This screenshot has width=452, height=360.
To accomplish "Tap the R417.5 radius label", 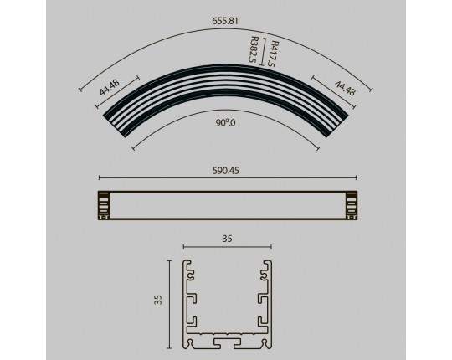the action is point(275,54).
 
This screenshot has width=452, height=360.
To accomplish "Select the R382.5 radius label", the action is point(254,49).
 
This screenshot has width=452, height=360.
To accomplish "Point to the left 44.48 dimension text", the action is point(110,87).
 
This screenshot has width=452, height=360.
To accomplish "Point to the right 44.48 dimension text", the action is point(345,88).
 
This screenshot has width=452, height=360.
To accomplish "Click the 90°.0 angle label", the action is point(225,123).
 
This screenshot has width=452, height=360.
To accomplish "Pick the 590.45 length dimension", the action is point(226,171).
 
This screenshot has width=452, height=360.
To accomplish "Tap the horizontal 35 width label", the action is point(227,239).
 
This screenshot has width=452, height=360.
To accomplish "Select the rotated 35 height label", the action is point(158,300).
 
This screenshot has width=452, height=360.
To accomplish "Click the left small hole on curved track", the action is point(152,99).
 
